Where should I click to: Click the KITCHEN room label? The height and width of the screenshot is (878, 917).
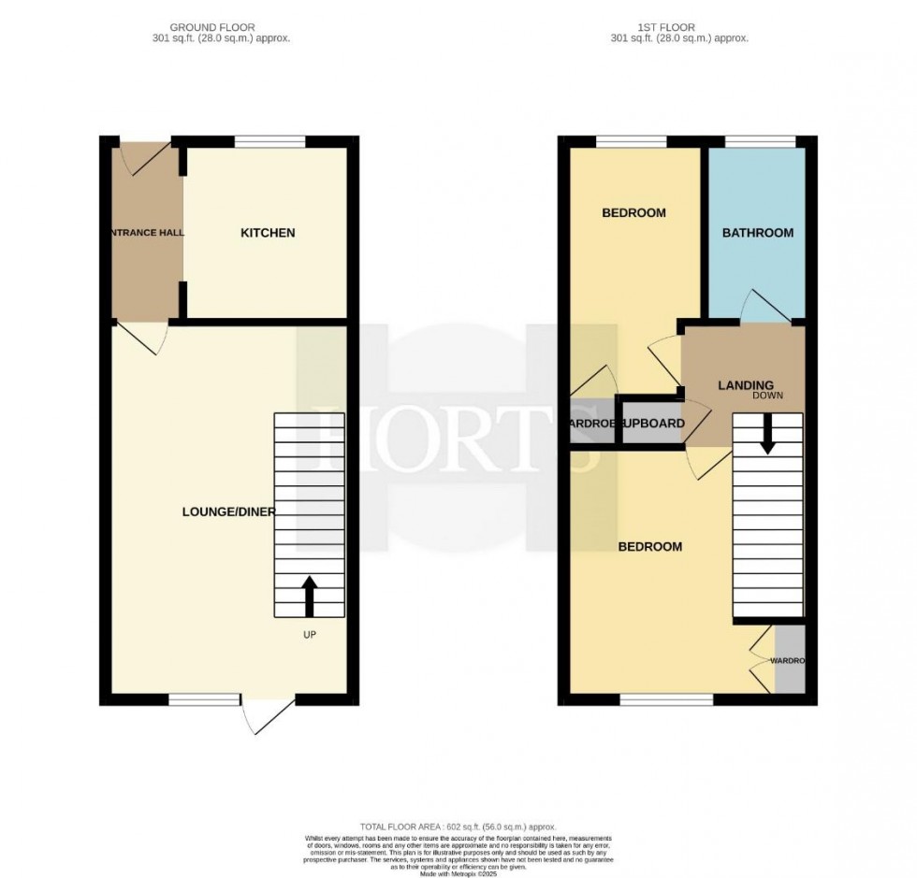(x=268, y=233)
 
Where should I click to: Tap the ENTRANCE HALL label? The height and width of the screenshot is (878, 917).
(x=146, y=233)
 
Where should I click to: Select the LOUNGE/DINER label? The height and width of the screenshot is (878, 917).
(x=228, y=511)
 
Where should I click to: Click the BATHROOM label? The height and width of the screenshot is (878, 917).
(x=757, y=233)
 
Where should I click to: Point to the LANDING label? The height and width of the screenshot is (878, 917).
(x=745, y=385)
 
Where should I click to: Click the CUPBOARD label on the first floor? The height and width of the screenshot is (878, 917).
(x=652, y=424)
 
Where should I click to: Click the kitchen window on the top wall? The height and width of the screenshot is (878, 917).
(x=269, y=142)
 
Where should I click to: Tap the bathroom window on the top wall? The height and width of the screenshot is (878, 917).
(x=760, y=142)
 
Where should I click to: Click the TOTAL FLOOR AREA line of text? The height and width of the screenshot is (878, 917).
(x=458, y=827)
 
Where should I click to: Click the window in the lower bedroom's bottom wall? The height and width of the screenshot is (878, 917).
(x=666, y=699)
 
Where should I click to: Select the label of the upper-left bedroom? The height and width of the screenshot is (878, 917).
(x=633, y=213)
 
